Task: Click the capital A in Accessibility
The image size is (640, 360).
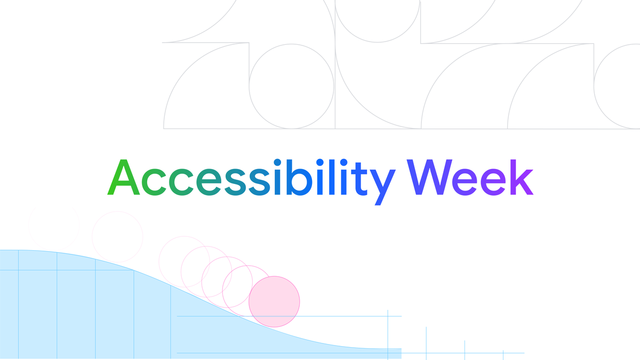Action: [124, 178]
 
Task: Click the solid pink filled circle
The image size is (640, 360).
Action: [274, 301]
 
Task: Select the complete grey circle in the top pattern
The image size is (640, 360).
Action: [291, 86]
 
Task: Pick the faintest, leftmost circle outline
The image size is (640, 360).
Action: [53, 227]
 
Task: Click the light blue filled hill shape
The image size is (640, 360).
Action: [80, 309]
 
